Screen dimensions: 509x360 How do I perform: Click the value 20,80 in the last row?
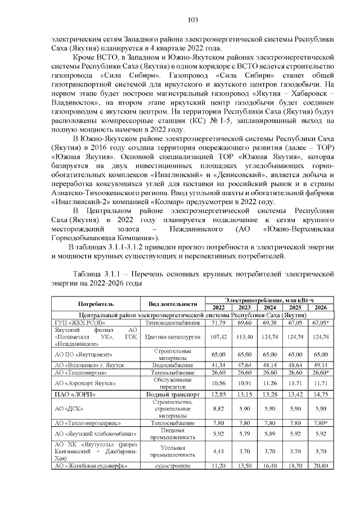coord(321,466)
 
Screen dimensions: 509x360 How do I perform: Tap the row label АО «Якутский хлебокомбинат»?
coord(92,434)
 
